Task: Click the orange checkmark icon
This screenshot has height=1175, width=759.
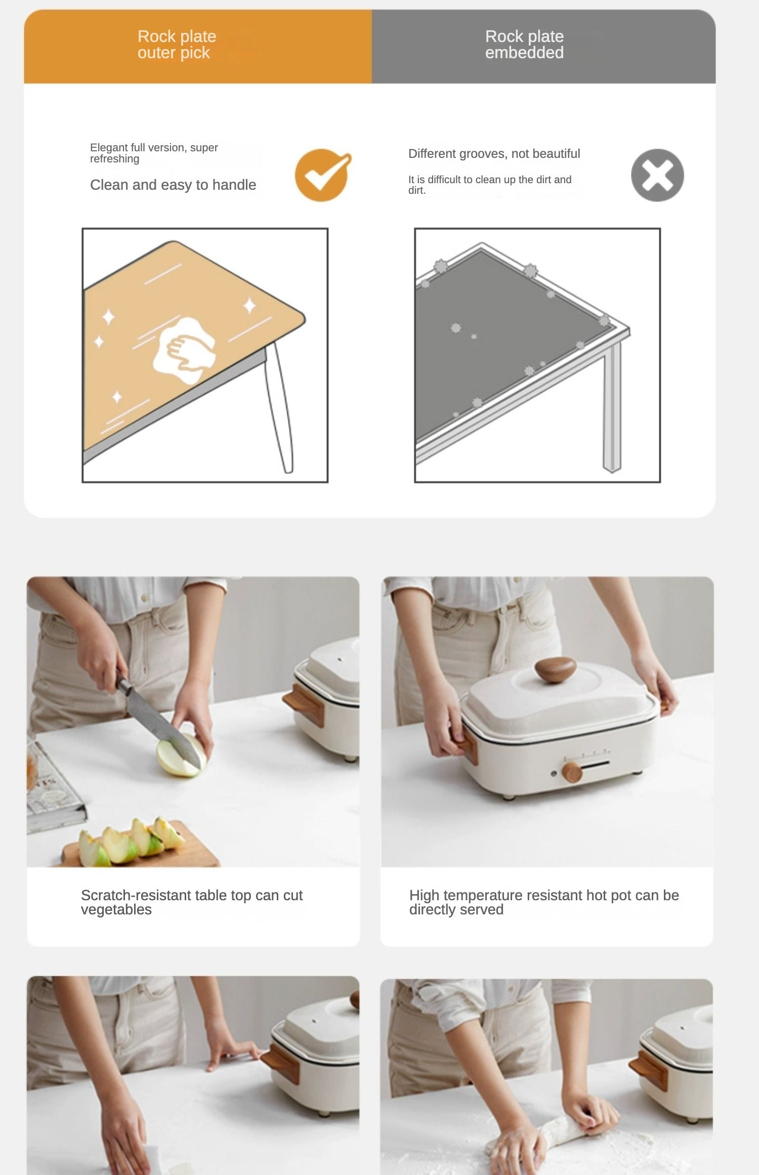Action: coord(322,175)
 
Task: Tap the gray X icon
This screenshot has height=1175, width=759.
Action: coord(657,175)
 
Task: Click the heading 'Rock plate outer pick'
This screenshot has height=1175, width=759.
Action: coord(177,45)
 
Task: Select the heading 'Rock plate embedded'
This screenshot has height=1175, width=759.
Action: coord(524,45)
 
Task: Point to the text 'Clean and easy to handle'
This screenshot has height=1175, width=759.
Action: coord(173,185)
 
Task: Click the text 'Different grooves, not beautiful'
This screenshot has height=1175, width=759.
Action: coord(494,153)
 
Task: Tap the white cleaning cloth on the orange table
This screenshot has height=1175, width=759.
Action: coord(184,350)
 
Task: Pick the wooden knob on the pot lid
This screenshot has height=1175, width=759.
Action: coord(556,669)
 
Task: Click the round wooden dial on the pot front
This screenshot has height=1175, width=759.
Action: coord(572,772)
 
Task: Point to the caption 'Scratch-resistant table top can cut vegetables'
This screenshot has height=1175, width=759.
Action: coord(192,902)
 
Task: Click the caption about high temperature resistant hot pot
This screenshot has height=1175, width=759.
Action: coord(544,902)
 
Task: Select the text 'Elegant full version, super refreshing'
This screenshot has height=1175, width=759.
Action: coord(154,153)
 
